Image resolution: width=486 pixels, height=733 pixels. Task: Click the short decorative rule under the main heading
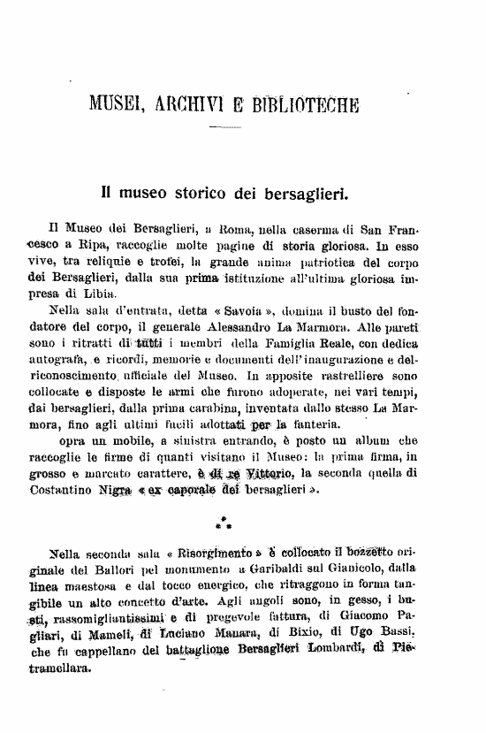coord(224,129)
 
